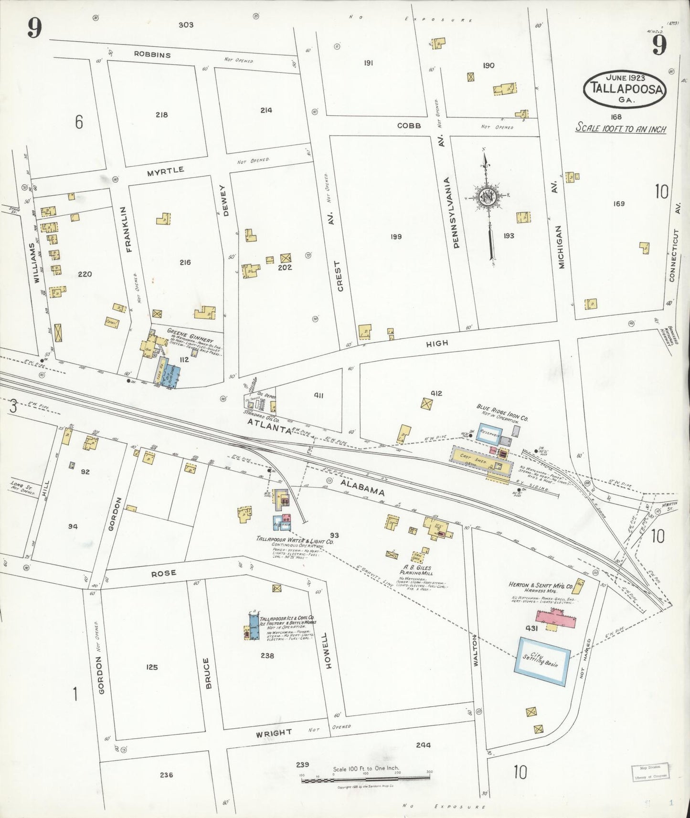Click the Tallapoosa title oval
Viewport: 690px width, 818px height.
[624, 89]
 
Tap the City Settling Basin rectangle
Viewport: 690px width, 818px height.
[542, 662]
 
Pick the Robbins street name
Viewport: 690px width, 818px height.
[152, 55]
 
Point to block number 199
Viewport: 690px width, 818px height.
[395, 237]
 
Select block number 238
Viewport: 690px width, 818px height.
[267, 656]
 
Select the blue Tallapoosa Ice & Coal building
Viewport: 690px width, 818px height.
[254, 626]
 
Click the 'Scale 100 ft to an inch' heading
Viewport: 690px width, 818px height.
[621, 128]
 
